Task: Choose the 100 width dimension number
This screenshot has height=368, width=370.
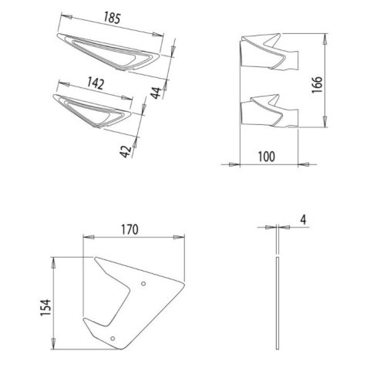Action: (267, 157)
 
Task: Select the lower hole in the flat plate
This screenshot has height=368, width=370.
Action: (113, 338)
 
